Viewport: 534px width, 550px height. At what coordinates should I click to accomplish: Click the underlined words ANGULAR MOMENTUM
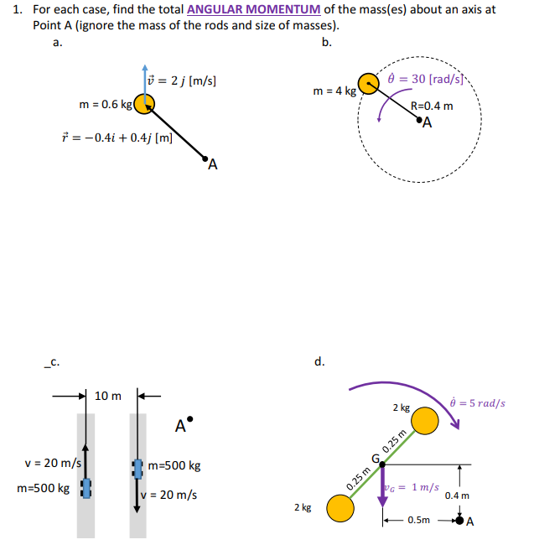click(254, 10)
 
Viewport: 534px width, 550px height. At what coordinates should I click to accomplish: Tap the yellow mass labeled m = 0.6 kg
click(145, 103)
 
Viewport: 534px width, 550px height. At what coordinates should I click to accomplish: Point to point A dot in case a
click(205, 155)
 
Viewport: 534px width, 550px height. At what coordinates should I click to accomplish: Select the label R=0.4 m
click(433, 106)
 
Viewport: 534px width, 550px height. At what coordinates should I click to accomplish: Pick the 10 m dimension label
click(108, 395)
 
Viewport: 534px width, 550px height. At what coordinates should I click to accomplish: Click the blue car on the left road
click(85, 489)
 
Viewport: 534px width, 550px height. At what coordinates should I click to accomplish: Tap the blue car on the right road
click(137, 469)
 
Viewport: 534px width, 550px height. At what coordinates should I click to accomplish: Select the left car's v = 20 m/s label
click(53, 463)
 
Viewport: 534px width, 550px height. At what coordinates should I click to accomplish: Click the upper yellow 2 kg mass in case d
click(425, 422)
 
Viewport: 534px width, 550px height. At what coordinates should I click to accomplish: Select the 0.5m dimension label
click(419, 521)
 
